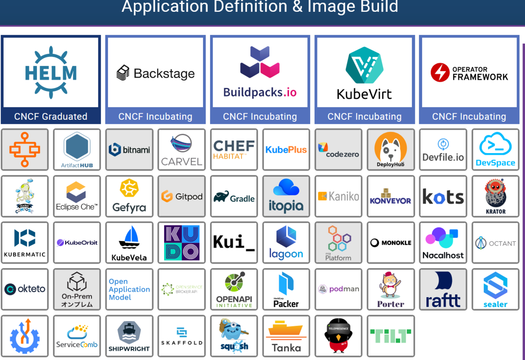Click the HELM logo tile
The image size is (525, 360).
point(51,73)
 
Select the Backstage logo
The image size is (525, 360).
point(155,73)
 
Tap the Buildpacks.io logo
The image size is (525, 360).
point(260,73)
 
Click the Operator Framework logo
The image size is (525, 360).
point(469,73)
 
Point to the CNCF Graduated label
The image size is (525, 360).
point(51,117)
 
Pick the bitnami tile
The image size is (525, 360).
point(129,150)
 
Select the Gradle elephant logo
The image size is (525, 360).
point(234,197)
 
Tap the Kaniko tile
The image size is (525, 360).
point(339,196)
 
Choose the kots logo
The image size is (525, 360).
point(443,197)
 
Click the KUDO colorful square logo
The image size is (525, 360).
point(182,243)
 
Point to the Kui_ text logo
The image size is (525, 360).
point(234,243)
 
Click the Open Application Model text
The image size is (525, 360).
point(129,290)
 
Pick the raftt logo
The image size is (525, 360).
point(443,290)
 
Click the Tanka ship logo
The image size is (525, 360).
point(286,336)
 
